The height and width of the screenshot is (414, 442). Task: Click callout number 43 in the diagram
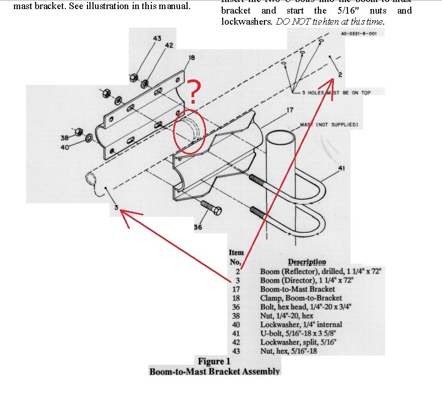tap(157, 38)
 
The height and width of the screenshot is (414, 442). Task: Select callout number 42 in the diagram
tap(169, 45)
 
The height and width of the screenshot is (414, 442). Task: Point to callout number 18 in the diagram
tap(191, 58)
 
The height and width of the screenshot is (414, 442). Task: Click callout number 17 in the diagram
tap(290, 110)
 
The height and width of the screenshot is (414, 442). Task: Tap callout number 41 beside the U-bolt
tap(341, 168)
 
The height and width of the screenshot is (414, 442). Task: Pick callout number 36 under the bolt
tap(198, 227)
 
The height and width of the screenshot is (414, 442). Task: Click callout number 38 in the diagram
tap(64, 138)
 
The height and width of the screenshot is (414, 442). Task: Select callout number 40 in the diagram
tap(64, 147)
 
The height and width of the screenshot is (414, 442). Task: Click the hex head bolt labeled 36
tap(210, 207)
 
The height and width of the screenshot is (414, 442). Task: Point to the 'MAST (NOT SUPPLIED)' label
tap(329, 124)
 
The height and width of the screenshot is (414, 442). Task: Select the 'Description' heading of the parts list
tap(307, 262)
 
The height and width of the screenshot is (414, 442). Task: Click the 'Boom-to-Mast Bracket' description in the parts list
tap(297, 289)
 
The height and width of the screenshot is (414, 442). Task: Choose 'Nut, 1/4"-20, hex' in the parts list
tap(287, 315)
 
